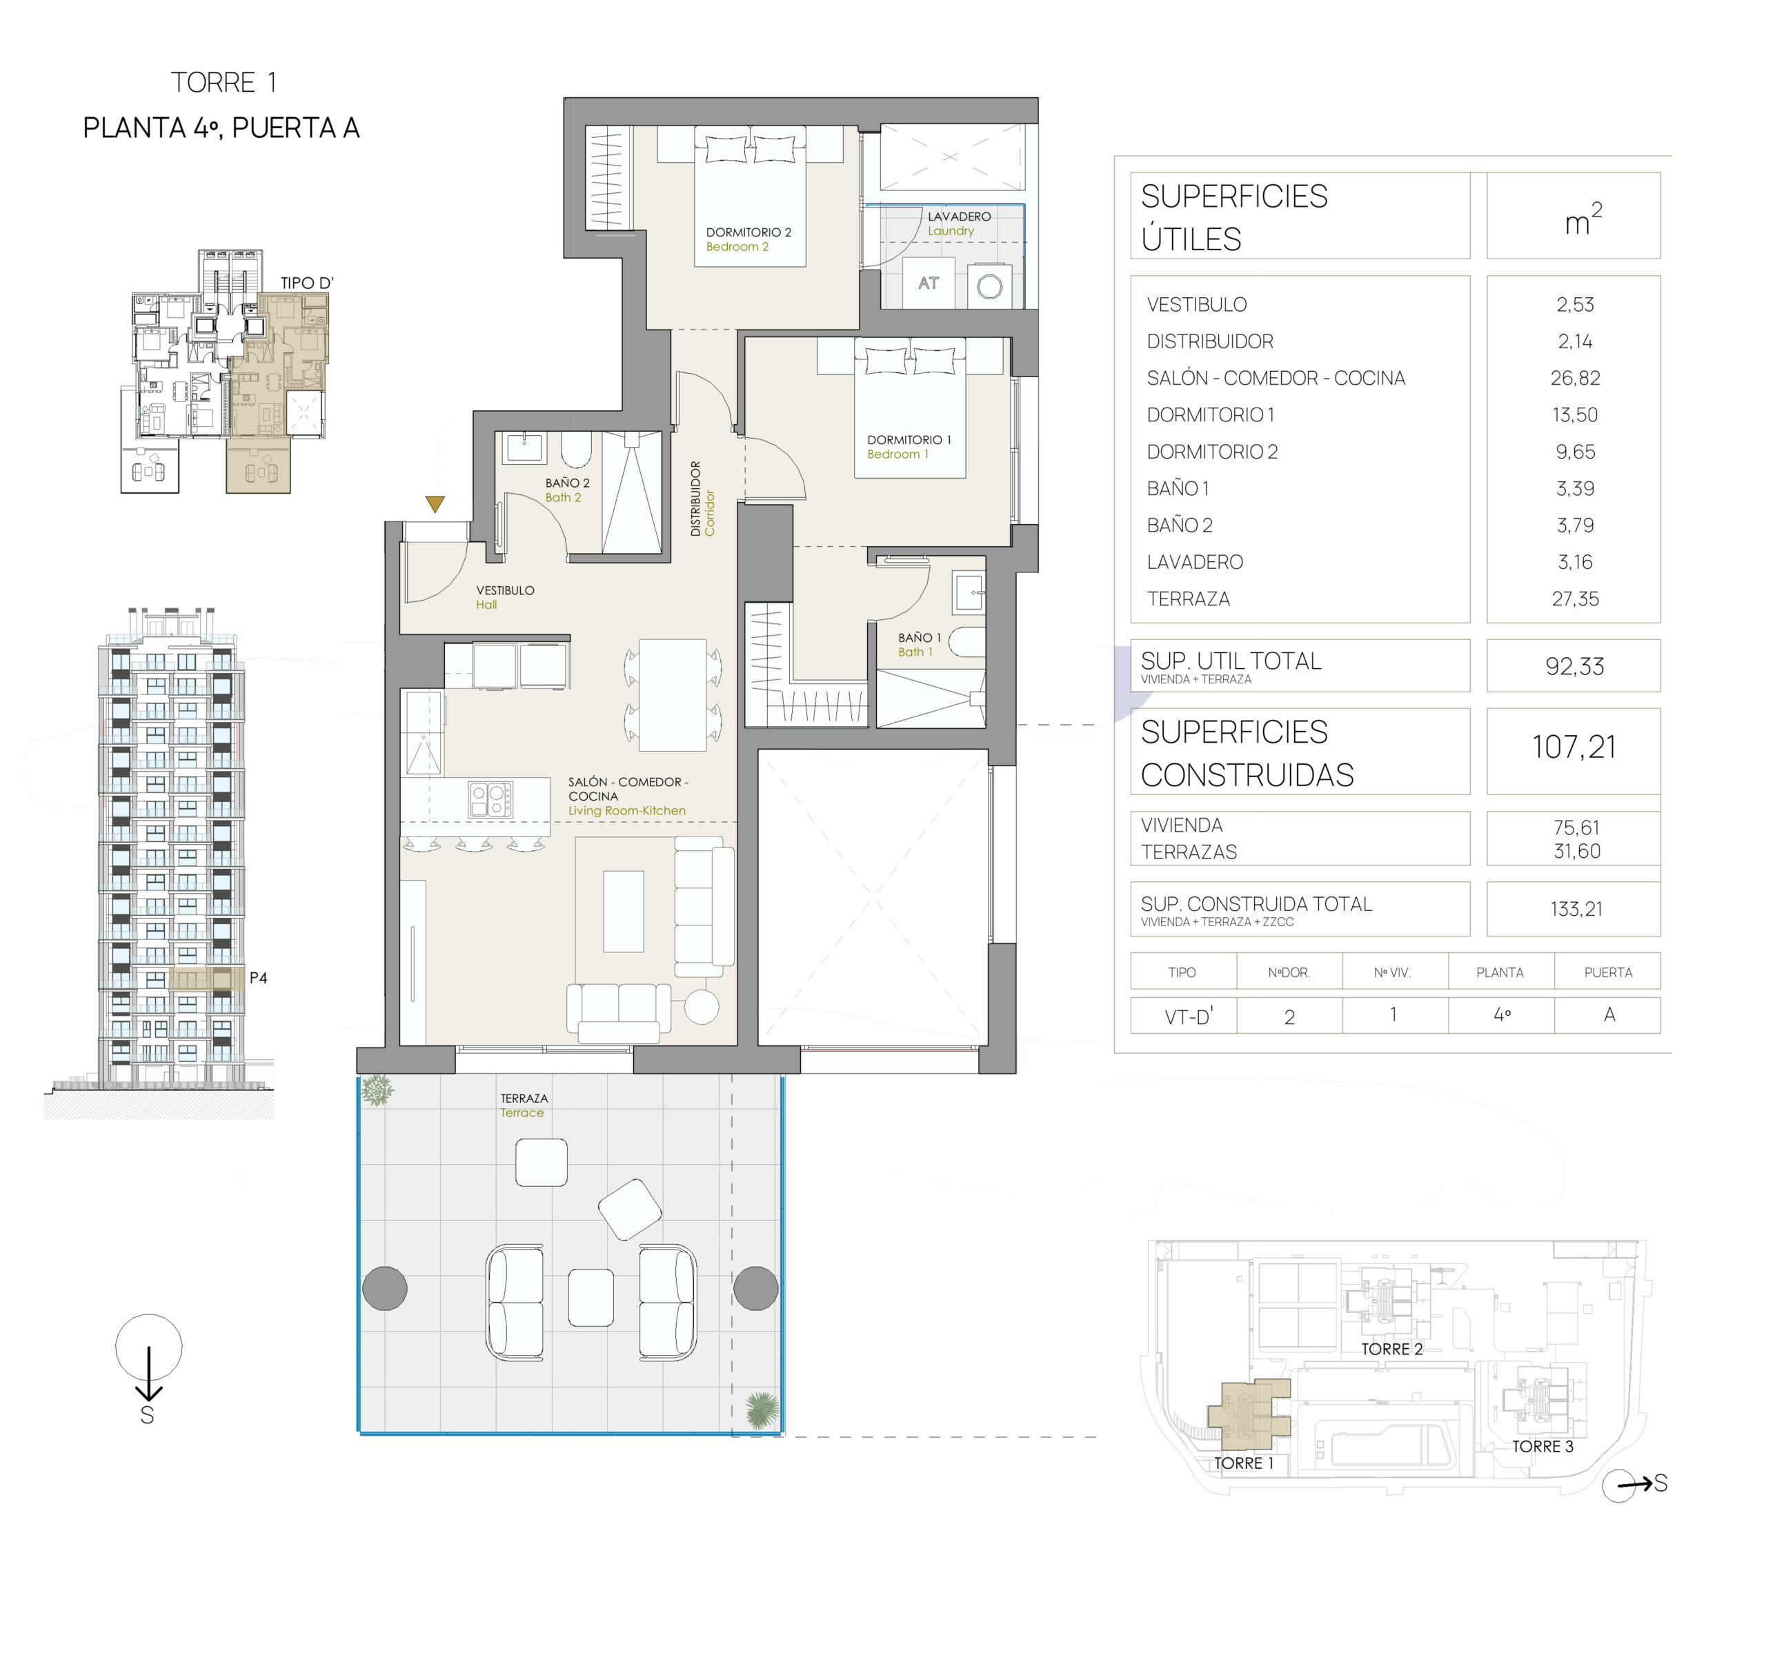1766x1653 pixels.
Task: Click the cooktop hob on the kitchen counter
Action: tap(490, 799)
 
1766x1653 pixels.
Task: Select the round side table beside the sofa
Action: tap(701, 1006)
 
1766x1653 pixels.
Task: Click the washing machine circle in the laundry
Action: tap(990, 286)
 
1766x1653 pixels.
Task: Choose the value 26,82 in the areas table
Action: tap(1575, 379)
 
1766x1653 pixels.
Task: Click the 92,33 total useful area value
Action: tap(1574, 666)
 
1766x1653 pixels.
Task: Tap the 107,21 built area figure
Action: tap(1574, 747)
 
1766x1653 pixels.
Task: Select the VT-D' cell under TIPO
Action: tap(1188, 1016)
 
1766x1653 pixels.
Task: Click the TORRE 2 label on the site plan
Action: tap(1391, 1349)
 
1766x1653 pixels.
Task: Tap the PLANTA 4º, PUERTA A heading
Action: tap(221, 128)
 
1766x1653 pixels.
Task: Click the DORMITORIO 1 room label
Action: tap(909, 440)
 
